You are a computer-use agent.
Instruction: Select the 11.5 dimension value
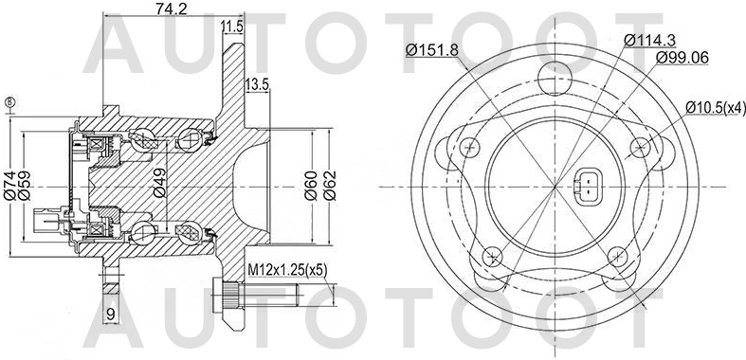(x=230, y=26)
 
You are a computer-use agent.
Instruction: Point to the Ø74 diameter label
(x=9, y=183)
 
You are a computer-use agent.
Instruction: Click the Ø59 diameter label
(x=27, y=183)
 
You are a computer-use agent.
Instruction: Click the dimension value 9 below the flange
(x=110, y=314)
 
